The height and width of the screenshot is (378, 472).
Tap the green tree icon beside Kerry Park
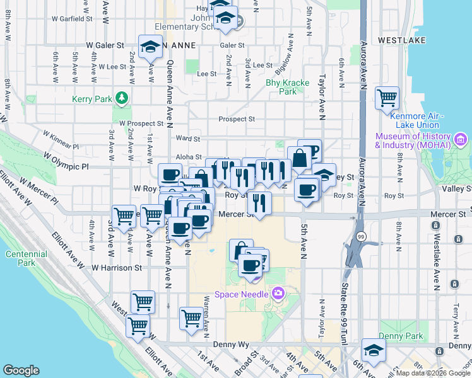pos(120,99)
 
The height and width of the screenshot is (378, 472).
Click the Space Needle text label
pos(241,294)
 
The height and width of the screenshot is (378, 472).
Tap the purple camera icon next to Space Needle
pos(277,294)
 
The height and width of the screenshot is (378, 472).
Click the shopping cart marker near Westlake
pos(387,98)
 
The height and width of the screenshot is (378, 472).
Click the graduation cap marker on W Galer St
pos(150,46)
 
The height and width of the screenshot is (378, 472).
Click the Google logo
pos(21,370)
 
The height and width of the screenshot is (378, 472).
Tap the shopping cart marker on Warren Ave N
pos(191,318)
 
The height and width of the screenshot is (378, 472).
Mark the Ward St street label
pos(188,139)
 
